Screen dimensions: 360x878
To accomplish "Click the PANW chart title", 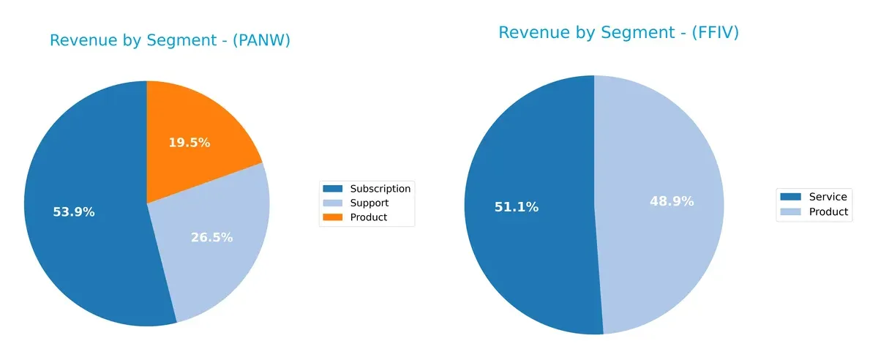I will point(170,41).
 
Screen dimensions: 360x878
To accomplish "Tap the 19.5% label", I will point(189,143).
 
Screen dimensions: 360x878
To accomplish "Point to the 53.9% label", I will point(73,212).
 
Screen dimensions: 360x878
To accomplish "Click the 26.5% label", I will point(211,237).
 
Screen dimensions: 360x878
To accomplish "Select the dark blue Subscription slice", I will point(80,241).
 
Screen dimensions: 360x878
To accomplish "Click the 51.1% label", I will point(517,207).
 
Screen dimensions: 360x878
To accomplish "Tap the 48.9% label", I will point(672,201).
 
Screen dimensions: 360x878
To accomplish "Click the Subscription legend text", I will point(380,189).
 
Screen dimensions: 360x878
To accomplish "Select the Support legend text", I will point(369,203).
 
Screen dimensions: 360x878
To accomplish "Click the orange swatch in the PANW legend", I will point(333,217).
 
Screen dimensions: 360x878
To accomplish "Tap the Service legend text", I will point(828,197).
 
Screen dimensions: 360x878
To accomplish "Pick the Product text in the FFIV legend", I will point(828,211).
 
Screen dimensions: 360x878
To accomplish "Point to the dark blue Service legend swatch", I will point(791,197).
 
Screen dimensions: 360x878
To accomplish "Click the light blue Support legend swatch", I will point(333,203).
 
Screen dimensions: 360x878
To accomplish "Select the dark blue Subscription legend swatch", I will point(333,189).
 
